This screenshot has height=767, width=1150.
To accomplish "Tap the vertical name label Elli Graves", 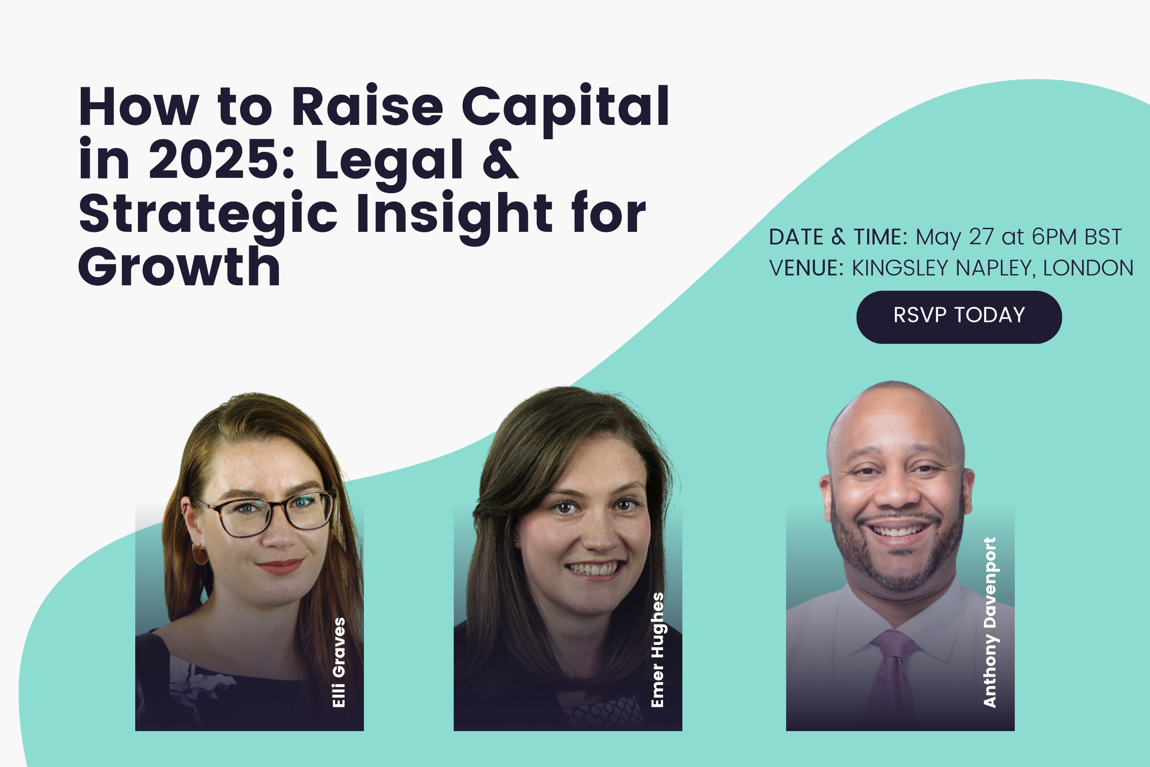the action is point(339,662).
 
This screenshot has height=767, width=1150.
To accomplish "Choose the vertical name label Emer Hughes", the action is point(658,650).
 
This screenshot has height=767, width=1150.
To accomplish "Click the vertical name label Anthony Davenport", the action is point(990,622).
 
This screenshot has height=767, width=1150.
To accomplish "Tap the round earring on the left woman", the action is point(200,554).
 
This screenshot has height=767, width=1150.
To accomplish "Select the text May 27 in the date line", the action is point(955,237).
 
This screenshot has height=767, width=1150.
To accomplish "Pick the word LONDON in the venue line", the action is point(1088,268).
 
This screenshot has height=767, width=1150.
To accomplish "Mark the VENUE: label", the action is point(807,268).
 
